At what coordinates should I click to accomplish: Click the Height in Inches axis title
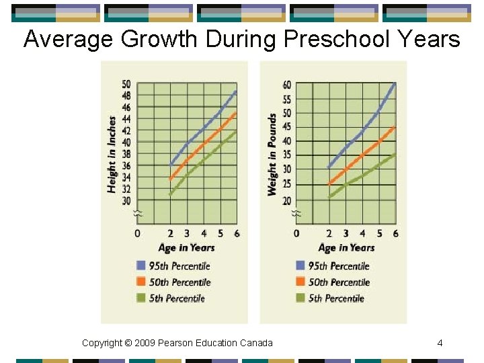pos(112,154)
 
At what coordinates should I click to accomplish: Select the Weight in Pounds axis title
pos(272,154)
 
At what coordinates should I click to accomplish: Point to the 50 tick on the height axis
pos(126,84)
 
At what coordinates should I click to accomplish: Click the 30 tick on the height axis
pos(126,201)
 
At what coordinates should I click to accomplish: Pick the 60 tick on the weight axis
pos(286,85)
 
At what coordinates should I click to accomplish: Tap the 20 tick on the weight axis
pos(286,201)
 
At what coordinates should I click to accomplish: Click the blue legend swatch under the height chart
pos(141,266)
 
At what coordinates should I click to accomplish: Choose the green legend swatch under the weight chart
pos(300,298)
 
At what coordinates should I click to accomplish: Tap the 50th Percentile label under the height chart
pos(180,282)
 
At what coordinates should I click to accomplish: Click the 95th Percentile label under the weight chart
pos(339,266)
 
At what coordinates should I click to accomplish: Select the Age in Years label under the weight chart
pos(346,248)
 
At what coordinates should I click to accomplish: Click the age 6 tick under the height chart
pos(237,233)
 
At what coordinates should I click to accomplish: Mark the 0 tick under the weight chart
pos(296,233)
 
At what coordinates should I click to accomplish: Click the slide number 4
pos(440,344)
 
